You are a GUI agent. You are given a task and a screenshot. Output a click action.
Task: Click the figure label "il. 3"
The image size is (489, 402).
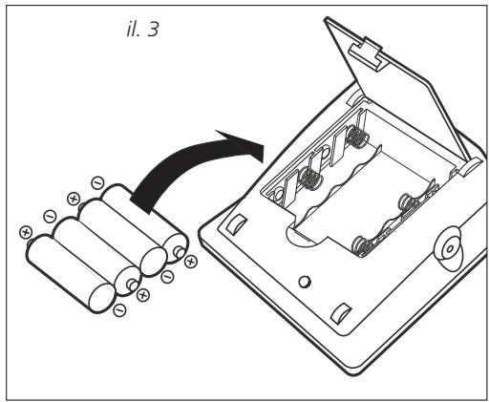pos(142,30)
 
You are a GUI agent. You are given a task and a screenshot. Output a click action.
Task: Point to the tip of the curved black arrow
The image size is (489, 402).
pos(264,146)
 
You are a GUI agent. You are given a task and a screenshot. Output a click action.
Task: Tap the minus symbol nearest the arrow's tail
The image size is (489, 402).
pos(97,183)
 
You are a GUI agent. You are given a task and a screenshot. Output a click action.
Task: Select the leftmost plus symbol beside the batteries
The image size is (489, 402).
pos(26,232)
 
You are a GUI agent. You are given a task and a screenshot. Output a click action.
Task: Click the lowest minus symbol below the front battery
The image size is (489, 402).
pos(119,310)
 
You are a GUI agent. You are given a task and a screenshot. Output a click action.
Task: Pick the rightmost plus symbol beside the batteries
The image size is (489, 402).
pos(191,262)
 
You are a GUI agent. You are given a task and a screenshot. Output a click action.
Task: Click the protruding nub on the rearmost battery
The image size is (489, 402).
pos(180,252)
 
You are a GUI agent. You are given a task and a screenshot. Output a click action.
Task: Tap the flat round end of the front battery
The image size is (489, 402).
pos(101,297)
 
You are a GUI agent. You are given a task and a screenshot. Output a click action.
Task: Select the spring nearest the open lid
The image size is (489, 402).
pos(358,136)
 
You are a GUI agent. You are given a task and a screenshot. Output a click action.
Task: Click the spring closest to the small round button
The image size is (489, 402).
pos(363,246)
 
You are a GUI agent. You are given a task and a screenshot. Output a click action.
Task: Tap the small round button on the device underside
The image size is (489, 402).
pos(305,282)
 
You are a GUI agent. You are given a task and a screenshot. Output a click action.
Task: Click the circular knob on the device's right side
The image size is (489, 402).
pos(449,248)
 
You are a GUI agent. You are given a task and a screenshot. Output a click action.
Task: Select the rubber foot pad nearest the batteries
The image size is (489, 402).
pos(236,224)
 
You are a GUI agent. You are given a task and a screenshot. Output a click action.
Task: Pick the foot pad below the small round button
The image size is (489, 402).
pos(341,314)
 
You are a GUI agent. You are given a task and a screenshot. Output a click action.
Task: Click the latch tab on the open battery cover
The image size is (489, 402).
pos(369,53)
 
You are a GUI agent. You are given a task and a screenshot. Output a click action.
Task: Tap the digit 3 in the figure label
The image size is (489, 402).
pos(153,30)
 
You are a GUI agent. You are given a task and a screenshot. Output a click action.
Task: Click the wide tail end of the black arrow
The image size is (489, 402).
pos(141,201)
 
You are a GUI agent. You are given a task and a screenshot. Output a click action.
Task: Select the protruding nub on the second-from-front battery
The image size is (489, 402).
pos(133,285)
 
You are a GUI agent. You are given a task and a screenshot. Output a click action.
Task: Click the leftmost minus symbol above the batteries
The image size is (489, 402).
pos(50,217)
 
